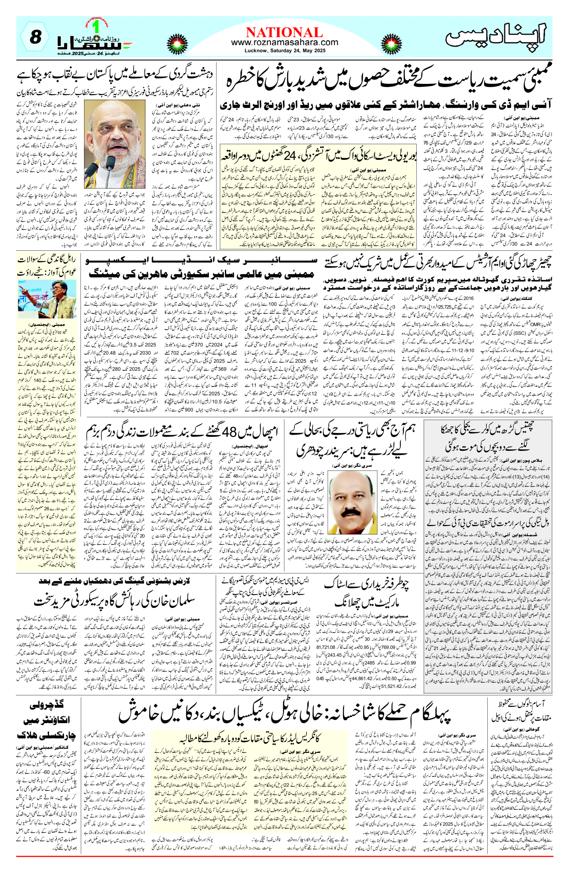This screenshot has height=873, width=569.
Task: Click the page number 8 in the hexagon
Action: click(35, 38)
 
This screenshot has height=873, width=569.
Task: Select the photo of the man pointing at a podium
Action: click(47, 299)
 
